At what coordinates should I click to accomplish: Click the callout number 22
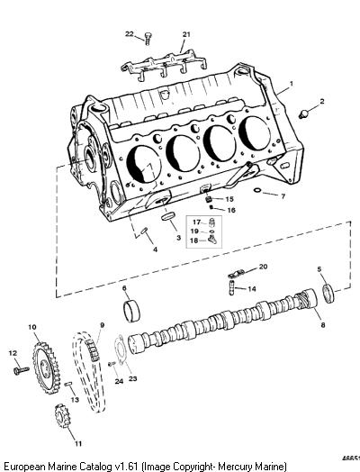[x=129, y=34]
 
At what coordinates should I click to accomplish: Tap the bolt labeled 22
[x=148, y=39]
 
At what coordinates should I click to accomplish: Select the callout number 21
[x=186, y=34]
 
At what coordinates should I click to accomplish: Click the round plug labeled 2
[x=304, y=114]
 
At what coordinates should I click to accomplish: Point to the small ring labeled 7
[x=257, y=190]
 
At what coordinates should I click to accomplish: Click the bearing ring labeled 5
[x=328, y=293]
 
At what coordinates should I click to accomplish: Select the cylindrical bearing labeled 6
[x=131, y=311]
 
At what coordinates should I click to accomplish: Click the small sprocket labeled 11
[x=62, y=418]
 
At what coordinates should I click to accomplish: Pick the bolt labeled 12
[x=22, y=370]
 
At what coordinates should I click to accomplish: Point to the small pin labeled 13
[x=68, y=384]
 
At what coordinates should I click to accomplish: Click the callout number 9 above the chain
[x=102, y=325]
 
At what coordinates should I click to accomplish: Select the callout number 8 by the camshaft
[x=323, y=325]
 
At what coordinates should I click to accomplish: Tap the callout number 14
[x=252, y=288]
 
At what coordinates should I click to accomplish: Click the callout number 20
[x=263, y=267]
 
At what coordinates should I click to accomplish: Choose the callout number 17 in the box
[x=196, y=222]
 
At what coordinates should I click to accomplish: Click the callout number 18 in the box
[x=194, y=241]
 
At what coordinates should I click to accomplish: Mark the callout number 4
[x=155, y=250]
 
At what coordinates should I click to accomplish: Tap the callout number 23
[x=133, y=378]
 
